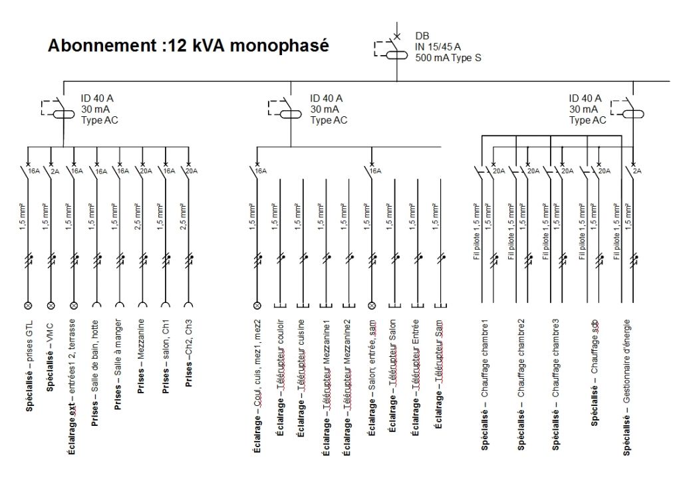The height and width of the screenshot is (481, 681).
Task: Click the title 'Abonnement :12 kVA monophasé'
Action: click(188, 46)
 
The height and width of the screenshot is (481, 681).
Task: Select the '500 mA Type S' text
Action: click(448, 58)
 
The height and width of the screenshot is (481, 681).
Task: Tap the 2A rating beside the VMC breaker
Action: click(55, 171)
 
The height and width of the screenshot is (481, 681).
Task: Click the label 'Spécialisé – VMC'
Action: click(50, 357)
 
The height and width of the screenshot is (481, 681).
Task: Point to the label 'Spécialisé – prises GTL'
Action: click(29, 365)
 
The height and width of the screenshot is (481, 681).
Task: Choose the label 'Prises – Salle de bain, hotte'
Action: click(94, 373)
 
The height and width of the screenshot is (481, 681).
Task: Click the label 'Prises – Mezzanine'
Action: click(141, 357)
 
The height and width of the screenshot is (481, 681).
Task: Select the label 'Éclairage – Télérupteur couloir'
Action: click(280, 377)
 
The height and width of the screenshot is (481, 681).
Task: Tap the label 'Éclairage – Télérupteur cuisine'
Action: click(300, 378)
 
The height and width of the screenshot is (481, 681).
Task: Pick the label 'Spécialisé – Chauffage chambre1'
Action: click(485, 385)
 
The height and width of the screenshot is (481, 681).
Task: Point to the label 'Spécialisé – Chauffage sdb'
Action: click(594, 373)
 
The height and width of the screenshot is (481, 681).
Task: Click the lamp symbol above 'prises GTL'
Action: click(28, 306)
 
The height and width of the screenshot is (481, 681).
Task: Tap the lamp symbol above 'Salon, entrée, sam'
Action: click(372, 306)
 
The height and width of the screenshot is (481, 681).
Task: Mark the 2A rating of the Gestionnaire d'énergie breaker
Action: click(637, 171)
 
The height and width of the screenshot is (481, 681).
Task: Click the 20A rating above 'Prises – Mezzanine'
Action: click(146, 171)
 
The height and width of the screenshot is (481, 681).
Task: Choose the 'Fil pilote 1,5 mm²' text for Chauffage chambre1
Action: click(476, 231)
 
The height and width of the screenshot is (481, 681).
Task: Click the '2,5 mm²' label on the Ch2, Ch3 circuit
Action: click(183, 217)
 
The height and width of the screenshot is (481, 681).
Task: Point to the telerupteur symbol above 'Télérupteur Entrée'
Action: click(418, 306)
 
